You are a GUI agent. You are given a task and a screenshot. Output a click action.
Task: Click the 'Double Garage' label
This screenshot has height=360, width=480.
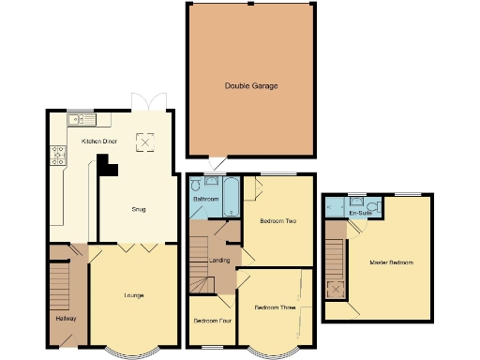[250, 86]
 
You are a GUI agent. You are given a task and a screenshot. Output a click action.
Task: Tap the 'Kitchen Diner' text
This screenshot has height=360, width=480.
[98, 141]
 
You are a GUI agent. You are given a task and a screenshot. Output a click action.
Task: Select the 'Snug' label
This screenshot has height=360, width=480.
[138, 209]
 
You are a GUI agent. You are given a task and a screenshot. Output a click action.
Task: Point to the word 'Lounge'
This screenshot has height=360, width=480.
[134, 296]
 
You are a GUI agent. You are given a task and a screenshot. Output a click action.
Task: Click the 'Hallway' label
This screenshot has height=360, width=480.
[66, 320]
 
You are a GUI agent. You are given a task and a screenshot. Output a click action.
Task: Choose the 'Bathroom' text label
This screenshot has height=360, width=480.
[206, 200]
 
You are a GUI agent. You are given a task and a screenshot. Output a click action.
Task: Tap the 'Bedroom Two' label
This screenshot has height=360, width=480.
[278, 221]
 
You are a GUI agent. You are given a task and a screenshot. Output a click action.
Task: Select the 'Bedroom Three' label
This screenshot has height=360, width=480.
[275, 307]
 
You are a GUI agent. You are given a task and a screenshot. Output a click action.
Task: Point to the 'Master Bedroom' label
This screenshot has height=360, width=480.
[391, 262]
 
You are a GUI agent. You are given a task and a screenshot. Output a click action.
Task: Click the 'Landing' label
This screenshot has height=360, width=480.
[219, 260]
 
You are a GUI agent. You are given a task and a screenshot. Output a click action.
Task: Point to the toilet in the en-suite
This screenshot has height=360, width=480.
[372, 204]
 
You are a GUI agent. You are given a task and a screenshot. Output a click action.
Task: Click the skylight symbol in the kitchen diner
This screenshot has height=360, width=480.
[145, 141]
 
